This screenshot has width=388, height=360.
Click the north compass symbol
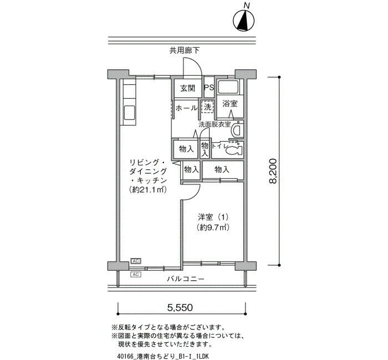pyautogui.click(x=244, y=20)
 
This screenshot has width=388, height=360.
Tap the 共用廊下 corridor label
pyautogui.click(x=185, y=51)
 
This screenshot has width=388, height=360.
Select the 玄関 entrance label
pyautogui.click(x=187, y=88)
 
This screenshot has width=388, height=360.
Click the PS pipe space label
pyautogui.click(x=209, y=88)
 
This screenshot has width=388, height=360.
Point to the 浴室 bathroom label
pyautogui.click(x=230, y=104)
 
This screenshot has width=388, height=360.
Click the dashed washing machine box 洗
pyautogui.click(x=207, y=107)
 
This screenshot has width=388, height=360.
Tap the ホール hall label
pyautogui.click(x=186, y=108)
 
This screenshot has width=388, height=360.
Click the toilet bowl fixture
pyautogui.click(x=234, y=150)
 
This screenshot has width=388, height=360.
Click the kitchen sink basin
pyautogui.click(x=129, y=113)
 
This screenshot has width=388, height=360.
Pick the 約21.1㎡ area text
pyautogui.click(x=147, y=190)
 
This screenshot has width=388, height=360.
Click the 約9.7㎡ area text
pyautogui.click(x=213, y=227)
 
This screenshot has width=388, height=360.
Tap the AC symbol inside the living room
pyautogui.click(x=136, y=261)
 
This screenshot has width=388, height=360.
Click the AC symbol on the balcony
pyautogui.click(x=136, y=275)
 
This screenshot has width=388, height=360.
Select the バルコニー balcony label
pyautogui.click(x=186, y=279)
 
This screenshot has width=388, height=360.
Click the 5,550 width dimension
pyautogui.click(x=180, y=307)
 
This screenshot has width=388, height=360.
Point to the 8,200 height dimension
pyautogui.click(x=273, y=171)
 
